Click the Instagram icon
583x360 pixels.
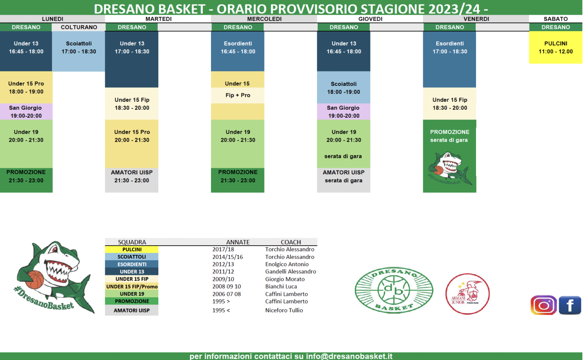tap(544, 305)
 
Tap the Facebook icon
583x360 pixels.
tap(570, 305)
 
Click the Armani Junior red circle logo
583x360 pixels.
tap(468, 294)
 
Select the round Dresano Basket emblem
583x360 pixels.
tap(394, 290)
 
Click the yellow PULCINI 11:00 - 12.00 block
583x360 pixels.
tap(556, 47)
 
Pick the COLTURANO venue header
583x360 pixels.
tap(79, 27)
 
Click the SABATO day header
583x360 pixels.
tap(556, 19)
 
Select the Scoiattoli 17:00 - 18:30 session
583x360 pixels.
tap(79, 51)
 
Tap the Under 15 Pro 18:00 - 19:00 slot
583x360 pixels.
tap(26, 87)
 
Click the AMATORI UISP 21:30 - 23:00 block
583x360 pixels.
tap(132, 180)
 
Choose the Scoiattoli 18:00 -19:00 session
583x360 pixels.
tap(343, 88)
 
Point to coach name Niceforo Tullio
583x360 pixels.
tap(284, 310)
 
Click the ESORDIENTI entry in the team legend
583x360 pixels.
tap(132, 264)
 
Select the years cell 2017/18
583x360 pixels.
tap(223, 249)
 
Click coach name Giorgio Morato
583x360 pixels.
tap(285, 279)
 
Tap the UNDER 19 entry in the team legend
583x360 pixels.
tap(132, 294)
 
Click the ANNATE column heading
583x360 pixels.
tap(238, 242)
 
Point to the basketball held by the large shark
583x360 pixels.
tap(35, 280)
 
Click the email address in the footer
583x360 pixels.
tap(349, 356)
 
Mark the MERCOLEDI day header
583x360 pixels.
tap(264, 19)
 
